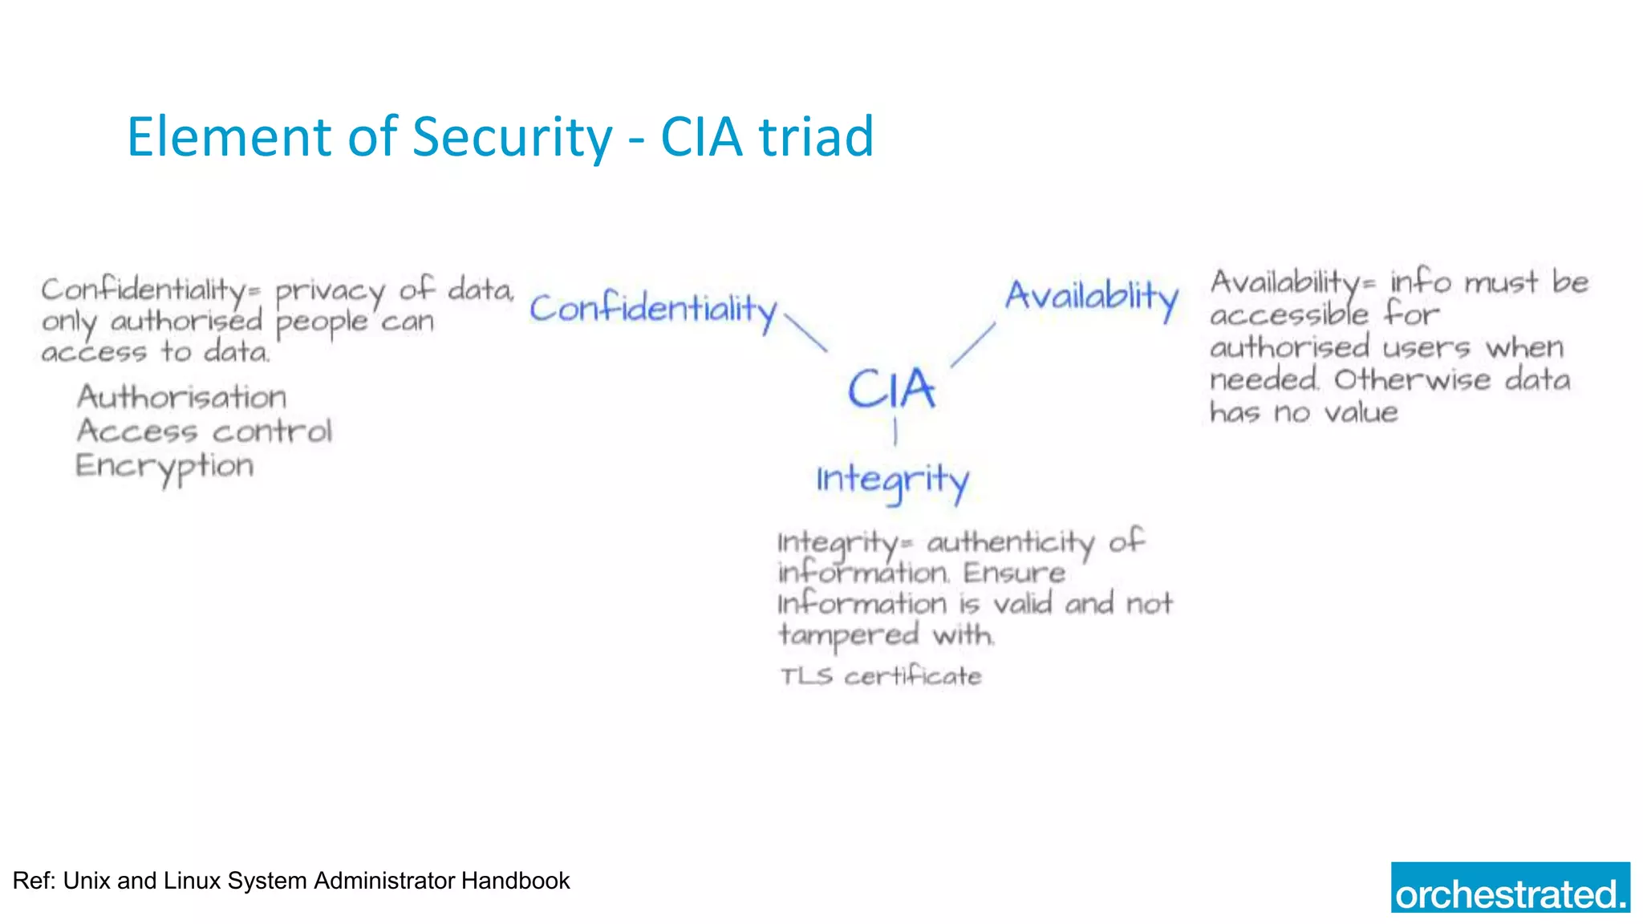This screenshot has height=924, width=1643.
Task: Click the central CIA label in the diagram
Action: click(x=891, y=389)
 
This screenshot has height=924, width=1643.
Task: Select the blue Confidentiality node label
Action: click(x=653, y=309)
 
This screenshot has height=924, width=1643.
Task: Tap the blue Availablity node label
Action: click(x=1092, y=297)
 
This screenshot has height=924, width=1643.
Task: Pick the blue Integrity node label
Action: click(x=893, y=480)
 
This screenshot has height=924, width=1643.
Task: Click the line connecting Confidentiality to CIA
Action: click(x=805, y=333)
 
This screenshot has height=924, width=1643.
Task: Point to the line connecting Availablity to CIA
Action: click(x=973, y=345)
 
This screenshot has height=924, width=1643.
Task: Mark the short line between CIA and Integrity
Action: click(x=895, y=433)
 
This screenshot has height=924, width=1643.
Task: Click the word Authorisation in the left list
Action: click(x=182, y=397)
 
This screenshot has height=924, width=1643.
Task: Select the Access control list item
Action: click(x=205, y=432)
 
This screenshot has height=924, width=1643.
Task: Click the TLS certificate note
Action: click(x=881, y=676)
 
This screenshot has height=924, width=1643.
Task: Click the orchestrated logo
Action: click(x=1510, y=888)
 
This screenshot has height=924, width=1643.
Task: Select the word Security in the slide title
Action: click(x=512, y=136)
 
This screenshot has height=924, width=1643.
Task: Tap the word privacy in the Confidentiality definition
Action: click(x=330, y=291)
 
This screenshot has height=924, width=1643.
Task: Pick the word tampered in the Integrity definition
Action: click(x=849, y=635)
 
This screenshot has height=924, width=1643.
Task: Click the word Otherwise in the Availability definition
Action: click(x=1412, y=379)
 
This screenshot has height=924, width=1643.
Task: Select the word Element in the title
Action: click(x=229, y=136)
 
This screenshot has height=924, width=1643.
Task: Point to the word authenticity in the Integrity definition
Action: click(x=1011, y=543)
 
